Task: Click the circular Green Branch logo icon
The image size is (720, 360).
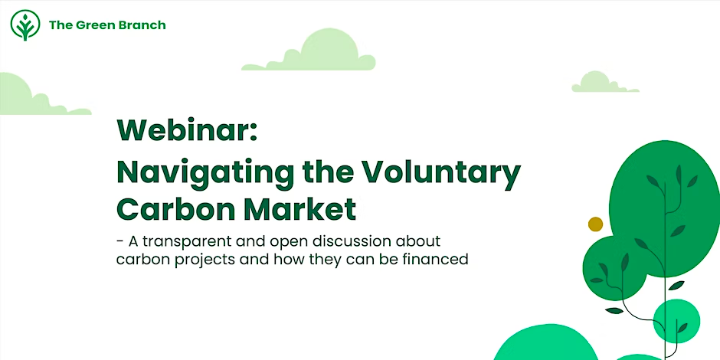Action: (25, 25)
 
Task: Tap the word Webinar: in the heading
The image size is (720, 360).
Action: (187, 130)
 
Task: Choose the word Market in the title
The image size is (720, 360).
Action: (299, 209)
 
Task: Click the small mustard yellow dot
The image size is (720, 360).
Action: (595, 224)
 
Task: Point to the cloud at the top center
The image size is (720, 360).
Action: (309, 50)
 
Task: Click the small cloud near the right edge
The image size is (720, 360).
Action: (605, 82)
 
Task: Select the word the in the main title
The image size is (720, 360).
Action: (321, 172)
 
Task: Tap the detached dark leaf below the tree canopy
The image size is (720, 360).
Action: (614, 311)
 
